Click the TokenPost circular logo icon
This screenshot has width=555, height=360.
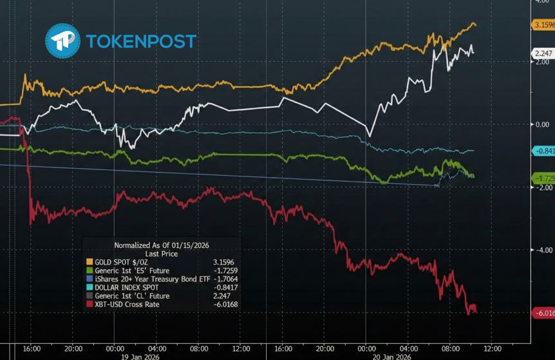[x=62, y=41]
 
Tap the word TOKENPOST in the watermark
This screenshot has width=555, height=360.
[x=140, y=41]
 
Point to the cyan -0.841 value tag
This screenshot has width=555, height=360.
[x=544, y=151]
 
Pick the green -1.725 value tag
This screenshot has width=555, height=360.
[x=544, y=177]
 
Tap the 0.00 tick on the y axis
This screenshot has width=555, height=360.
[x=542, y=124]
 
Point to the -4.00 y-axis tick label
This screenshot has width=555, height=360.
[x=542, y=250]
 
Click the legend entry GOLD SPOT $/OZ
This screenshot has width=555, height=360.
[x=122, y=262]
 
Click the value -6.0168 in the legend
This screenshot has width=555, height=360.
[x=225, y=304]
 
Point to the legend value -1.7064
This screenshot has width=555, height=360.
[x=225, y=279]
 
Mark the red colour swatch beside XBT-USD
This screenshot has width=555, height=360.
[x=89, y=304]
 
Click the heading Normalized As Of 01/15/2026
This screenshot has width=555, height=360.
[x=162, y=245]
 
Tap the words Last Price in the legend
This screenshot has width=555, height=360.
[x=162, y=254]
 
